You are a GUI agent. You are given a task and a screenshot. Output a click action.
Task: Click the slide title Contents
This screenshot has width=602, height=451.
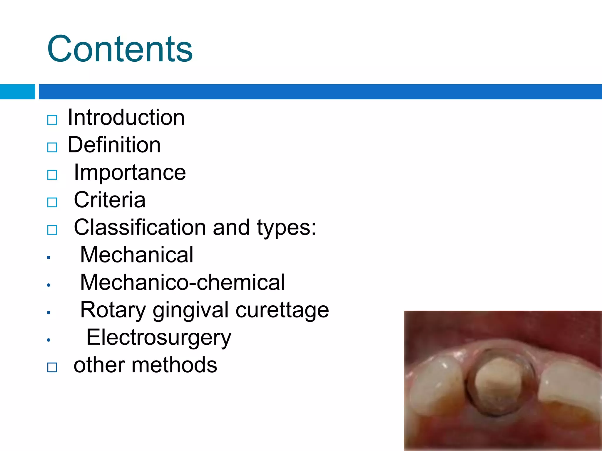[120, 49]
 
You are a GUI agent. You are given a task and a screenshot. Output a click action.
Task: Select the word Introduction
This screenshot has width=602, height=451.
[126, 117]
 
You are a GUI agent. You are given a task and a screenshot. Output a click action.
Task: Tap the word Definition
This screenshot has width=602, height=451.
[114, 145]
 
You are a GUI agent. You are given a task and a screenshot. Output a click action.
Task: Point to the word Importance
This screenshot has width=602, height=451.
[130, 172]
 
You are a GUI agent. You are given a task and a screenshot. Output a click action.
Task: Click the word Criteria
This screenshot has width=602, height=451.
[110, 200]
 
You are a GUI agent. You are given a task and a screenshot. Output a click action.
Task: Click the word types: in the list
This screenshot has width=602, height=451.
[286, 228]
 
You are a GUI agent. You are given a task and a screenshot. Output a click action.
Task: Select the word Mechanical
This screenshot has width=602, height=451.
[137, 255]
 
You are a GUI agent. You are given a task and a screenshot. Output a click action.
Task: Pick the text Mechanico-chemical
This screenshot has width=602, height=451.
[183, 282]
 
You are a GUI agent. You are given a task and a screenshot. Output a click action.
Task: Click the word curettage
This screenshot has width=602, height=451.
[282, 310]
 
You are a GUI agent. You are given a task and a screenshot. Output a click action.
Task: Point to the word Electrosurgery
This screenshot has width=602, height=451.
[159, 338]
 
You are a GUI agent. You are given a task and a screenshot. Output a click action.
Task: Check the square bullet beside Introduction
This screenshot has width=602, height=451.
[52, 120]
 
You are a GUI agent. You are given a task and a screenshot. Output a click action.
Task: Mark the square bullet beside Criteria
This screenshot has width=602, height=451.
[52, 202]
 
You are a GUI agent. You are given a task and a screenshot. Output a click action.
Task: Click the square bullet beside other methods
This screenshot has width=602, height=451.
[52, 367]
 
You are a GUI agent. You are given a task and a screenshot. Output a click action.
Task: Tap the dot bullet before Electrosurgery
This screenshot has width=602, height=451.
[49, 340]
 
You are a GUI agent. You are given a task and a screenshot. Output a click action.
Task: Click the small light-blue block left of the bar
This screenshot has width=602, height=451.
[17, 92]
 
